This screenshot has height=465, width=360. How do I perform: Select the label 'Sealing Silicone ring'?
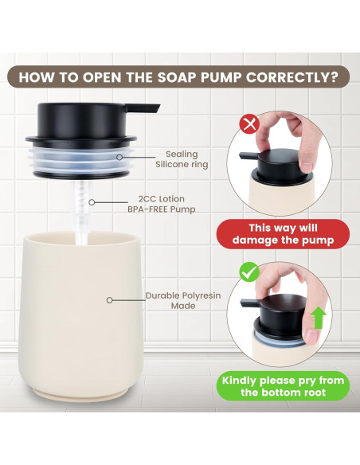coord(186,159)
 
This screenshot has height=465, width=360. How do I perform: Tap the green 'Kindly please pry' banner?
coord(282,386)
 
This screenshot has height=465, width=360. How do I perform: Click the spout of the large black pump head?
coord(147,107)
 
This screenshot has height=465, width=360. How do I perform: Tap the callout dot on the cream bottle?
coord(108,300)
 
